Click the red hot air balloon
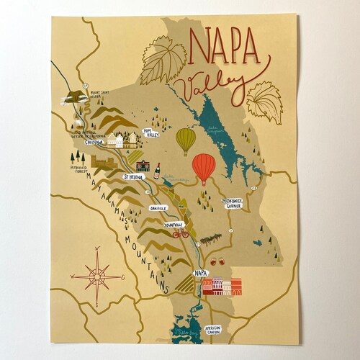tap(204, 167)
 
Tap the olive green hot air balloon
tap(186, 138)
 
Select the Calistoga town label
tap(94, 143)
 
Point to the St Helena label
tap(133, 176)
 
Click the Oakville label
tap(158, 207)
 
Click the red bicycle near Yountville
tap(180, 233)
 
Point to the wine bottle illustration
tap(156, 171)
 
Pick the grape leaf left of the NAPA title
tap(163, 60)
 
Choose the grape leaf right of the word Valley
tap(264, 102)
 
